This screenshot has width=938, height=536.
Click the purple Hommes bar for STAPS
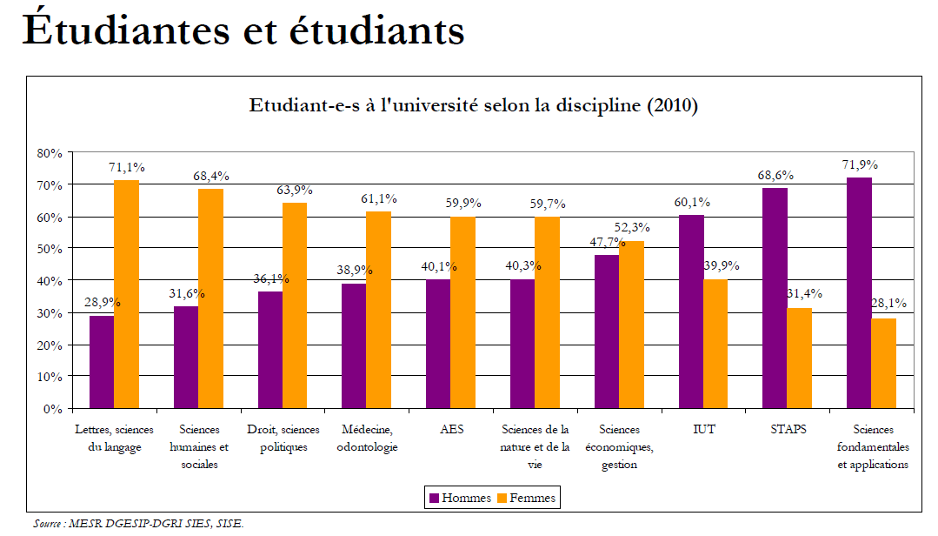[x=775, y=298]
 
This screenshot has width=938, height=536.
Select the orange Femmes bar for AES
[x=462, y=312]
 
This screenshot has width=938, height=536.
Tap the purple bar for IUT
[x=691, y=312]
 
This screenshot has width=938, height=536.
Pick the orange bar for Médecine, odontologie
[x=378, y=310]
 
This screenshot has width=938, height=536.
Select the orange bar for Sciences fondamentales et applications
[x=883, y=363]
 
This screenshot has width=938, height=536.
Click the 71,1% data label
[x=127, y=167]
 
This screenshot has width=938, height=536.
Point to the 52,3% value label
[x=632, y=227]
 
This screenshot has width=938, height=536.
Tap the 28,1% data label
[x=888, y=304]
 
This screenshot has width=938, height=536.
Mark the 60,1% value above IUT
[x=692, y=202]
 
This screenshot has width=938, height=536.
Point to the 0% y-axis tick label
[x=53, y=408]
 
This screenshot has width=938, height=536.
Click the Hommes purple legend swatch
[x=434, y=499]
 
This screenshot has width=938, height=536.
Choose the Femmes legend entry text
[x=532, y=499]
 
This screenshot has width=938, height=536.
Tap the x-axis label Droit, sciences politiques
[x=283, y=439]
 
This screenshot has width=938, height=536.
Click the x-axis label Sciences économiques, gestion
[x=619, y=446]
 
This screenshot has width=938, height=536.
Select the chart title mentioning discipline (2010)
[x=474, y=106]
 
